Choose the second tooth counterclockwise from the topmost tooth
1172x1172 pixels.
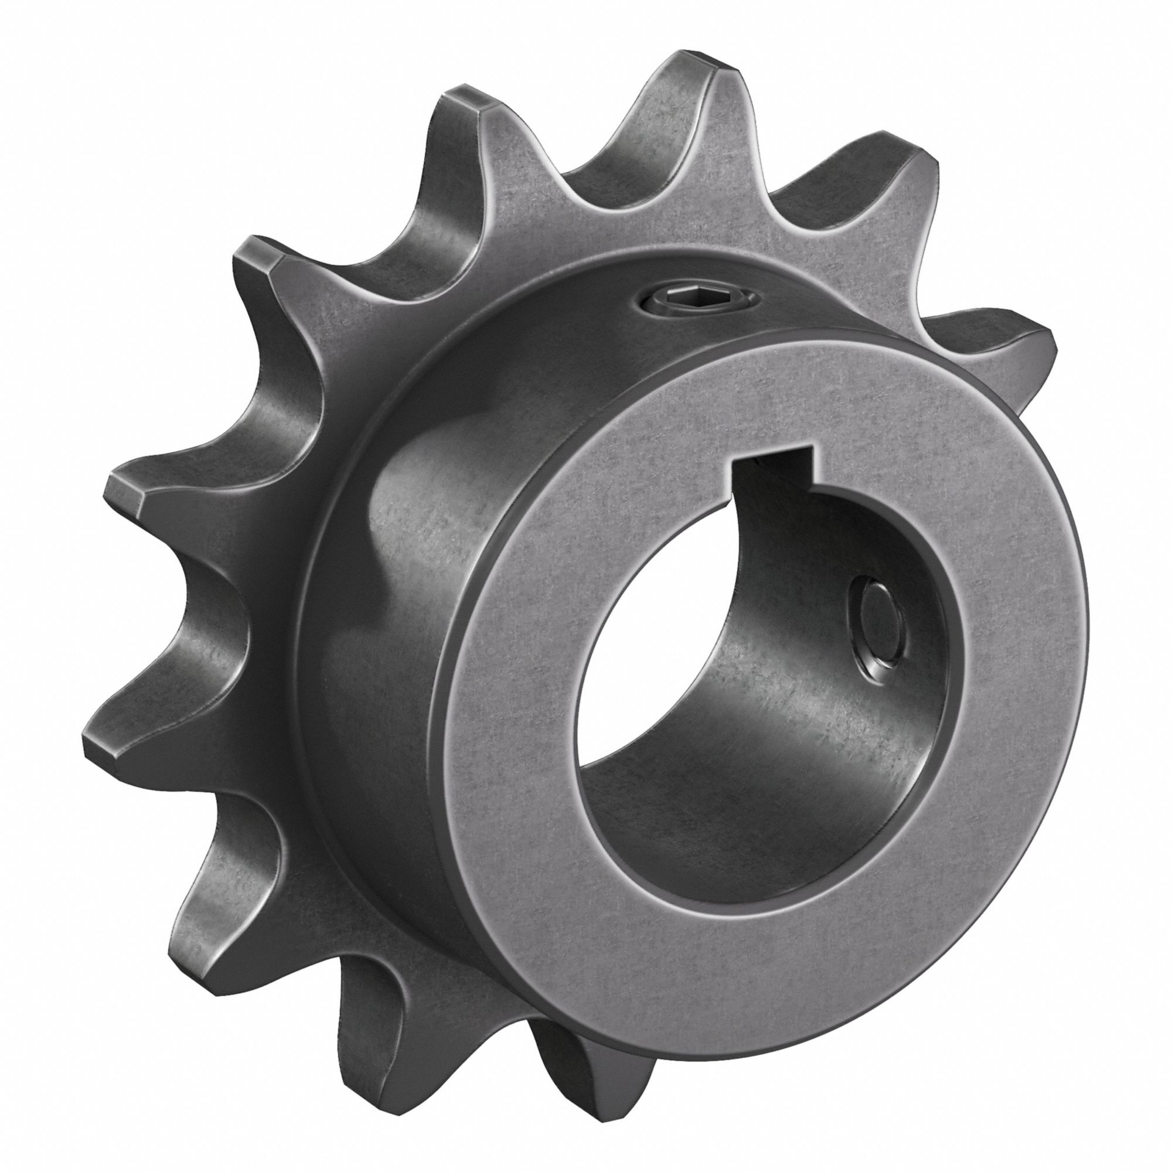coord(261,261)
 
